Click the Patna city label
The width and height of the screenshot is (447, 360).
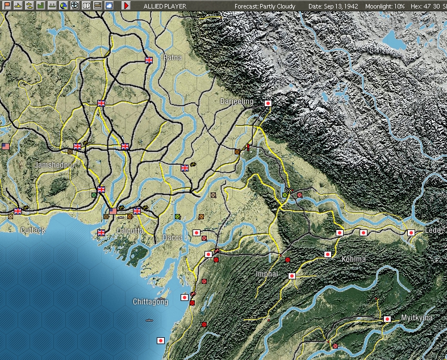[172, 57]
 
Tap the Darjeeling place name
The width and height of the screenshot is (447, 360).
[237, 101]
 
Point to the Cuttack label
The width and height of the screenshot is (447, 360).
[32, 230]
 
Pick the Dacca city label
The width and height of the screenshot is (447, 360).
[173, 237]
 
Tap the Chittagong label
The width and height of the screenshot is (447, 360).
[150, 302]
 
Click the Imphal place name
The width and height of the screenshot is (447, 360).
[267, 274]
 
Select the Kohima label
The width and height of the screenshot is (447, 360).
[354, 259]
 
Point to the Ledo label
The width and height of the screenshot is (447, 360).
[433, 230]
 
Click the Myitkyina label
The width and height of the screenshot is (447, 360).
[416, 317]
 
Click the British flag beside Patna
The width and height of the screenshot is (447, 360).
[149, 60]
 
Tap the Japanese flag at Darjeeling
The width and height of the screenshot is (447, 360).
[268, 103]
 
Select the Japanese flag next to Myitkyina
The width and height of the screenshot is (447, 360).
[388, 319]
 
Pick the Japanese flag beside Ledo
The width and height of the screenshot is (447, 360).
[411, 232]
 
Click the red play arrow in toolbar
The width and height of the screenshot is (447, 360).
[126, 6]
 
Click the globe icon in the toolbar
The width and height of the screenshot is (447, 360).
[63, 6]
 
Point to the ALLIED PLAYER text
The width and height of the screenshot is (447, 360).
[165, 6]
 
